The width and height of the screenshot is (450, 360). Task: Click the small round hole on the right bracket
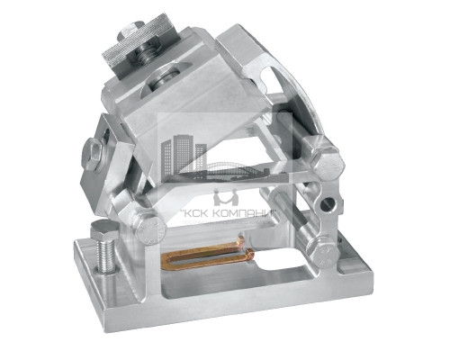[x=328, y=204]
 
